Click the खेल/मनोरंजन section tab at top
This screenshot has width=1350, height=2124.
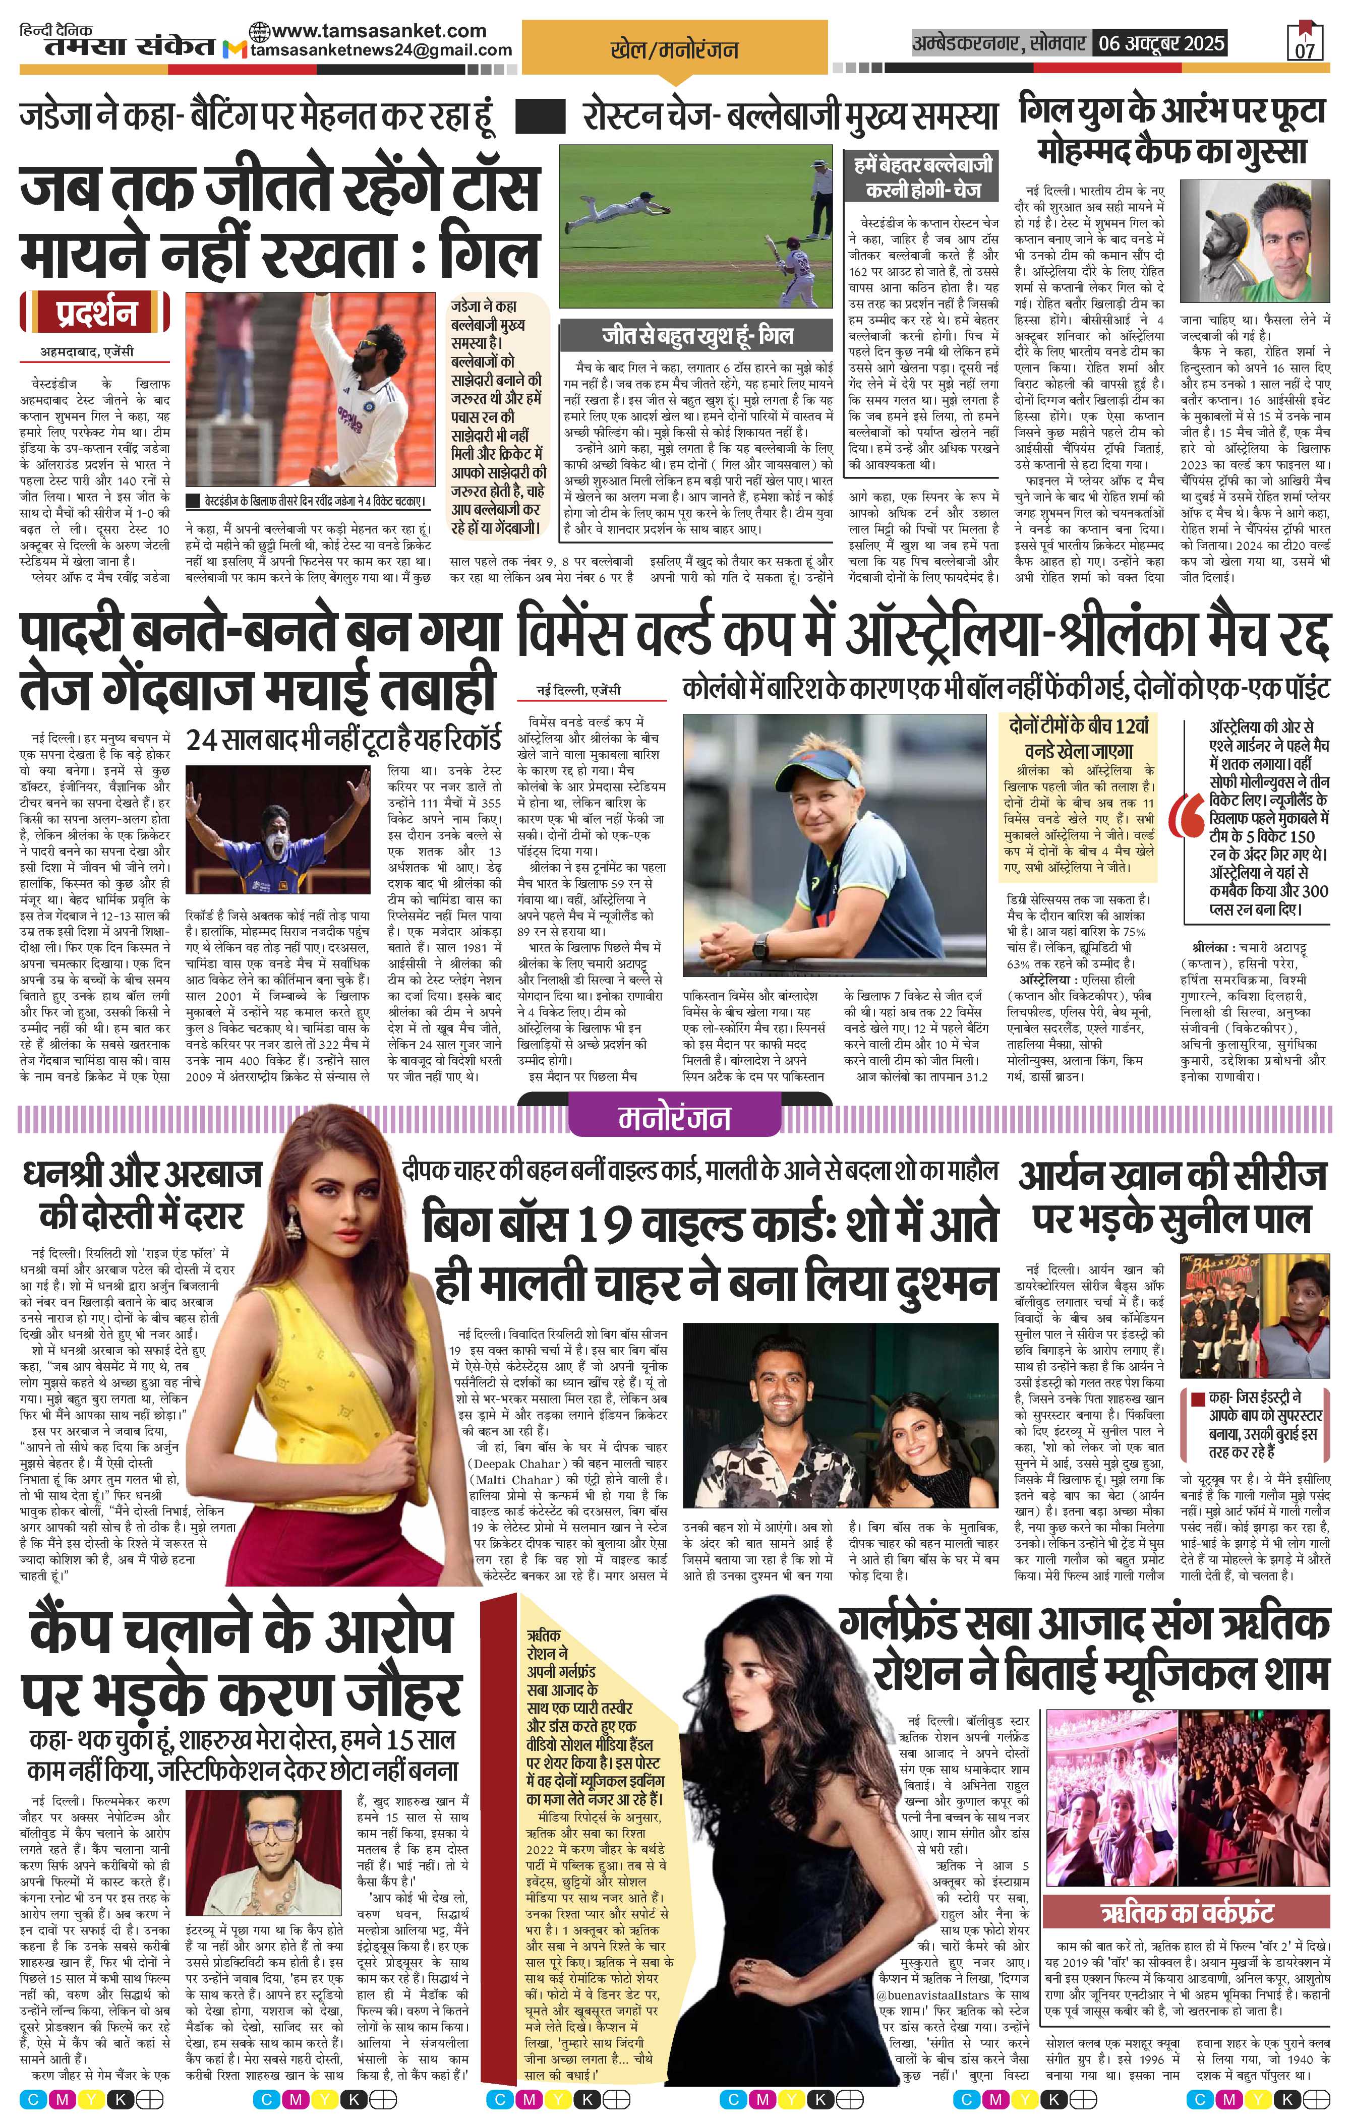[674, 51]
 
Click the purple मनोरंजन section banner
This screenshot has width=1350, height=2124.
[674, 1118]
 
